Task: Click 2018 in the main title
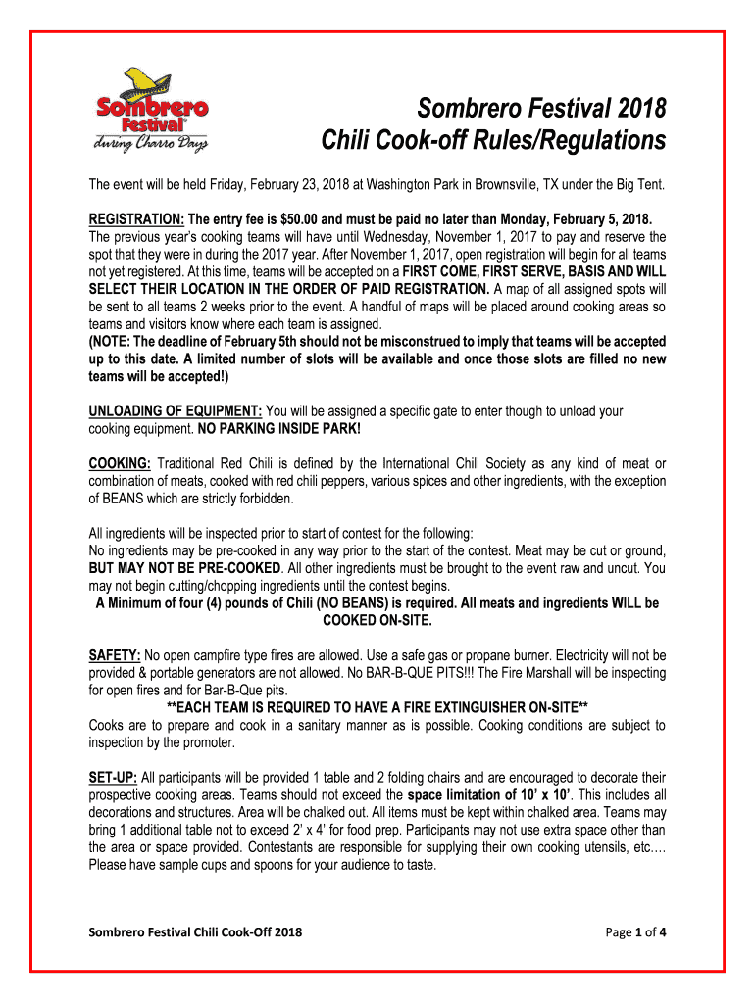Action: pyautogui.click(x=639, y=108)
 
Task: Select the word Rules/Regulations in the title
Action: pyautogui.click(x=570, y=142)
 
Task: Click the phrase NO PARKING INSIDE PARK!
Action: pyautogui.click(x=277, y=429)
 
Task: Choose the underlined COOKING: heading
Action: pyautogui.click(x=120, y=463)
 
